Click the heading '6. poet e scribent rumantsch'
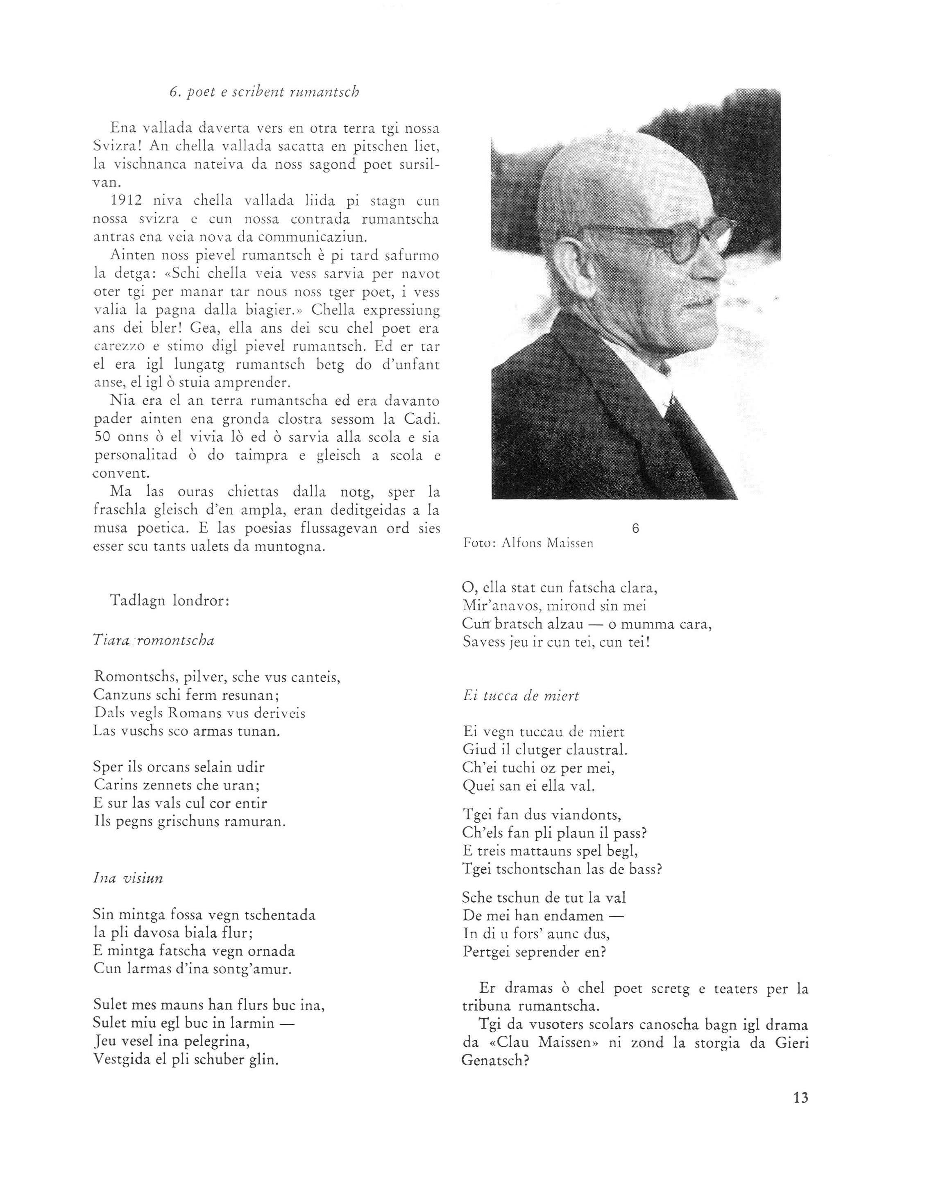click(x=264, y=92)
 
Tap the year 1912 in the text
click(x=126, y=201)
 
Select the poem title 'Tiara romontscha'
click(x=154, y=640)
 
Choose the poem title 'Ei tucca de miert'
click(x=521, y=696)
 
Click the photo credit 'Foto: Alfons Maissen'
click(x=528, y=543)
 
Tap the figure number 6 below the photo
click(x=635, y=528)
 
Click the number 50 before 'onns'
click(x=102, y=438)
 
